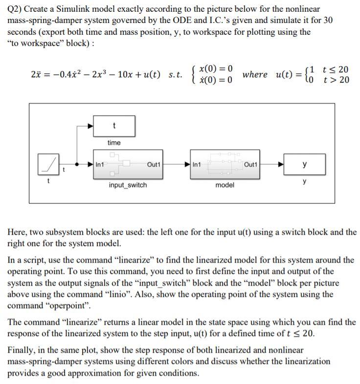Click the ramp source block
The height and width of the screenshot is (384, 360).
[x=48, y=164]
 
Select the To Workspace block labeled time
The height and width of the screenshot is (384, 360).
[x=114, y=126]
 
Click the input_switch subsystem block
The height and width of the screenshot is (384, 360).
[x=128, y=164]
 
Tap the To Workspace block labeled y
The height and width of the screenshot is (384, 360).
[x=305, y=164]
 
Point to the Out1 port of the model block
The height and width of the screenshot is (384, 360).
[x=250, y=164]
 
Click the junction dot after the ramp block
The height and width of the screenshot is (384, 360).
[x=76, y=164]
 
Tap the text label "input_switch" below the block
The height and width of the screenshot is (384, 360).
[x=128, y=185]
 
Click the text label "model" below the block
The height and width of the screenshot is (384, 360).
[x=225, y=185]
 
